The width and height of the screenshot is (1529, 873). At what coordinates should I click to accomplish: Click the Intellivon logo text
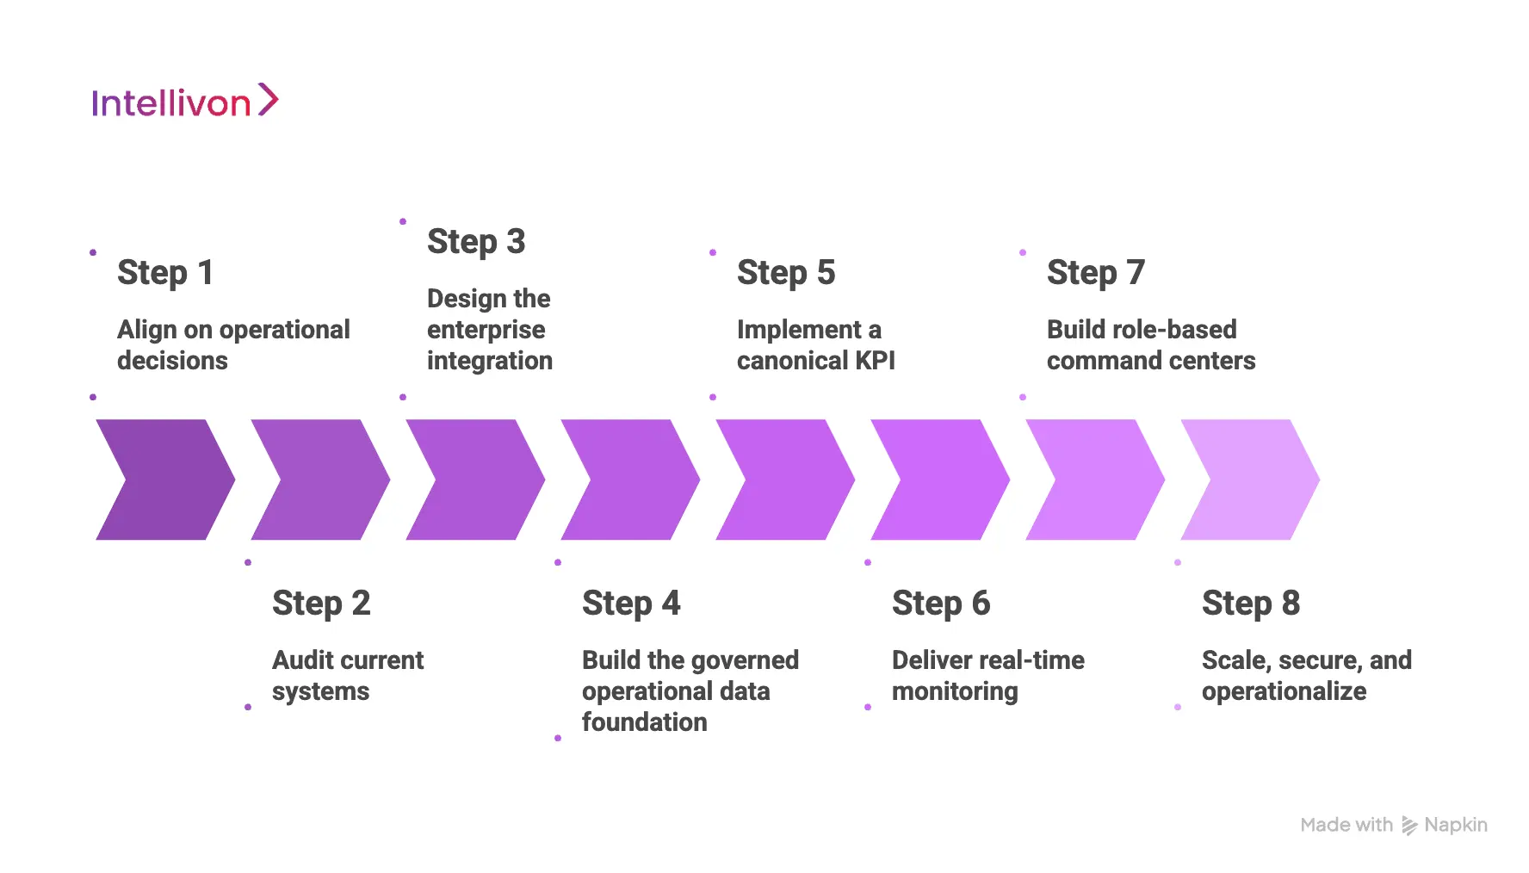click(x=170, y=103)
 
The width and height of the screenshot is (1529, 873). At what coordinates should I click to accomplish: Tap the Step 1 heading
click(x=164, y=272)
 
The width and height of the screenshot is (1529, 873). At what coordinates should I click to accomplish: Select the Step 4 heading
click(x=630, y=603)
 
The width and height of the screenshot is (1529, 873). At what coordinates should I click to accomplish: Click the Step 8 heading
click(x=1250, y=603)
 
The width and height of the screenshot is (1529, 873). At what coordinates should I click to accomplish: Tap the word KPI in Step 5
click(x=875, y=360)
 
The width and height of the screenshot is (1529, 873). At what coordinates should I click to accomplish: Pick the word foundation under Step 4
click(x=644, y=721)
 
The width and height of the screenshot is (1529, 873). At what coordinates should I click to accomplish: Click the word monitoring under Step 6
click(x=954, y=690)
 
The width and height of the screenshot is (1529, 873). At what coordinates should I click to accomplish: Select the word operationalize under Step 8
click(x=1283, y=690)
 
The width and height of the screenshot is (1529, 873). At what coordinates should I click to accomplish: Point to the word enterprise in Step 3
click(x=486, y=329)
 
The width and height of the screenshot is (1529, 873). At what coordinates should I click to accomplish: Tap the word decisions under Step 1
click(x=172, y=360)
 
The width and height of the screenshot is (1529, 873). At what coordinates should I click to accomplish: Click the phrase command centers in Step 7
click(x=1150, y=360)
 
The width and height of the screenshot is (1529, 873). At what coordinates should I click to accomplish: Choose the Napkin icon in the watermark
click(x=1408, y=826)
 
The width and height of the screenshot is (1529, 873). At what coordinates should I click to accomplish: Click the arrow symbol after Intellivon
click(x=269, y=100)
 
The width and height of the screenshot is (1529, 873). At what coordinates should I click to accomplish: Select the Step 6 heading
click(x=940, y=603)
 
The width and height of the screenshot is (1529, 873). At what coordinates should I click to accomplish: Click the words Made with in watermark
click(x=1346, y=825)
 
